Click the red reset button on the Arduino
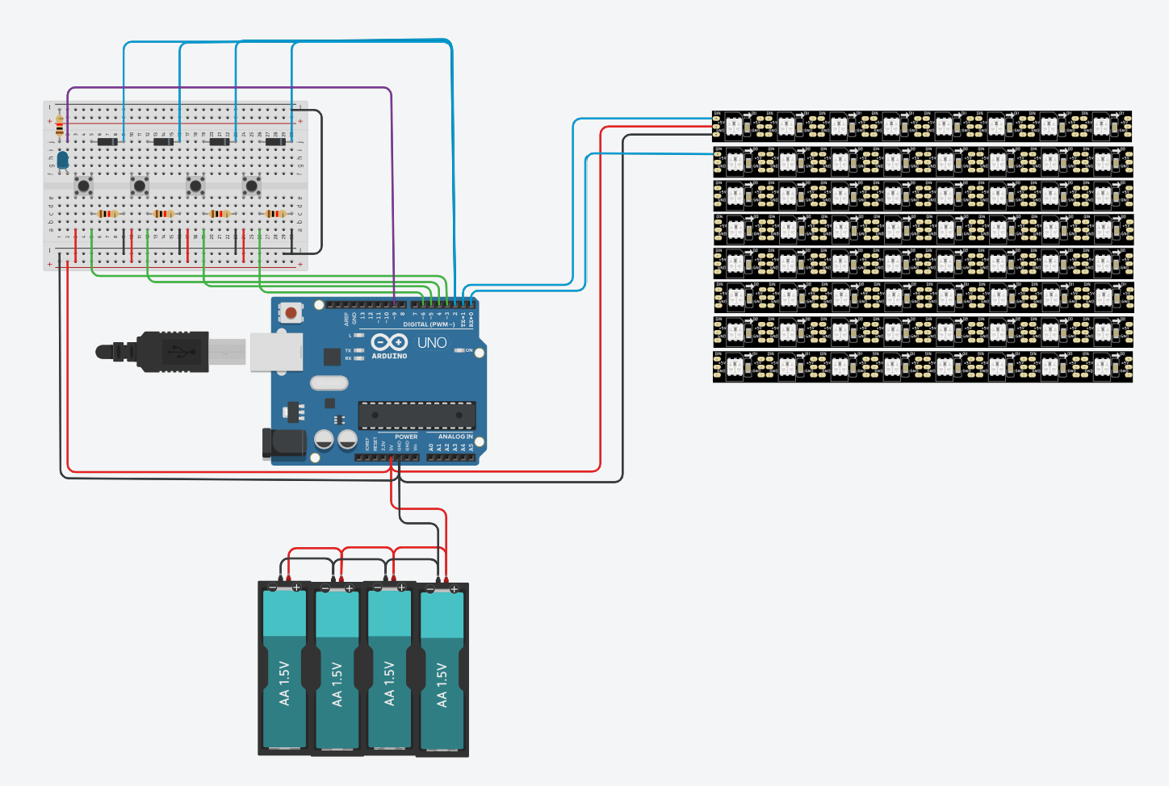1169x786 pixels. coord(291,311)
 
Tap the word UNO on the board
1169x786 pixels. coord(432,343)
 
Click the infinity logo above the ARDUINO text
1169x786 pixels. coord(388,342)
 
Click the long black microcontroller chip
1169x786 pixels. coord(417,415)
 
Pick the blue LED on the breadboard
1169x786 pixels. coord(62,159)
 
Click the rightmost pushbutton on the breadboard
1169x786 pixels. coord(252,186)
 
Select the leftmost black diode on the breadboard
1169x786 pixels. coord(107,142)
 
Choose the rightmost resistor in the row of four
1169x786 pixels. coord(275,214)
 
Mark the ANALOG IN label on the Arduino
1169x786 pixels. coord(455,437)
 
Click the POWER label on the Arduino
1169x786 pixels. coord(406,437)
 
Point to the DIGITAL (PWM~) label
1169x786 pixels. coord(429,324)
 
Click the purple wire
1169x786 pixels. coord(242,87)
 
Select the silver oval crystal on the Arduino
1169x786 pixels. coord(328,383)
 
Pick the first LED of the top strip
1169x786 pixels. coord(735,126)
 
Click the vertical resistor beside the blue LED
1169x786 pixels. coord(60,125)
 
